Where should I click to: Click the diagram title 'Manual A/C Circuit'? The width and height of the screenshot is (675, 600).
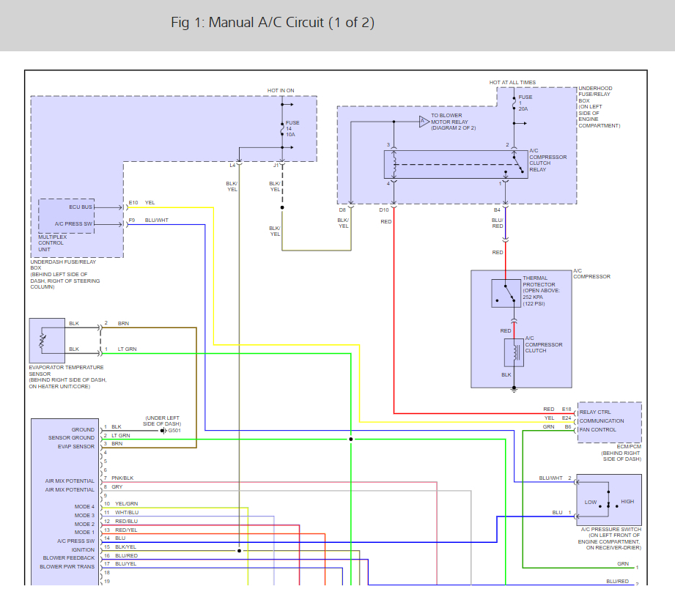click(x=265, y=23)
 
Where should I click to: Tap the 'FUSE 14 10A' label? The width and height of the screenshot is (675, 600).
click(x=292, y=129)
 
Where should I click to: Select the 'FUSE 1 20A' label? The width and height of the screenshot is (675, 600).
click(x=525, y=103)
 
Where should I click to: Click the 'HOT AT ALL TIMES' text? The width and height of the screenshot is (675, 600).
click(x=512, y=82)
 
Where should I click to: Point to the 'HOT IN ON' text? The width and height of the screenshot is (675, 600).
click(x=281, y=90)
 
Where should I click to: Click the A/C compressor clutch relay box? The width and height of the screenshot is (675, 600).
click(x=456, y=164)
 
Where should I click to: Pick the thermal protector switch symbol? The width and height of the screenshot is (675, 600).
click(x=506, y=294)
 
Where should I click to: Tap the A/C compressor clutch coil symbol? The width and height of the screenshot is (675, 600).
click(x=514, y=353)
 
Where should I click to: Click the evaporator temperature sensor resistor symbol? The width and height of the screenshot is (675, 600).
click(x=43, y=341)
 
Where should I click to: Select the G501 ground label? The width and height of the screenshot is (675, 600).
click(x=174, y=431)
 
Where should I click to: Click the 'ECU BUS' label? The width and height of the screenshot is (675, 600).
click(x=81, y=207)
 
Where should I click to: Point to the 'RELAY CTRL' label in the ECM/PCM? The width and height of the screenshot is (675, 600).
click(x=595, y=412)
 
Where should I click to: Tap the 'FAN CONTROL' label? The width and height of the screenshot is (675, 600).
click(x=597, y=429)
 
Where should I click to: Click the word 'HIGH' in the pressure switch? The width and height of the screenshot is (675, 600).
click(x=627, y=501)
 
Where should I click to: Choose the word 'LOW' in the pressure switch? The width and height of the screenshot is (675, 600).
click(x=591, y=502)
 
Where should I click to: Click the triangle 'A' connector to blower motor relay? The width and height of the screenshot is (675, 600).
click(x=424, y=122)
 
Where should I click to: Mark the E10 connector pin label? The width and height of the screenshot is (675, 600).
click(x=133, y=202)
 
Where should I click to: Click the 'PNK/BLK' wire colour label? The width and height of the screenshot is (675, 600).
click(x=122, y=478)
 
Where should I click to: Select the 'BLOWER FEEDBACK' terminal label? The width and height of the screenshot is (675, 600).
click(x=68, y=558)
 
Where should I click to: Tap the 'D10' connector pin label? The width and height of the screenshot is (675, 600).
click(x=383, y=210)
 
